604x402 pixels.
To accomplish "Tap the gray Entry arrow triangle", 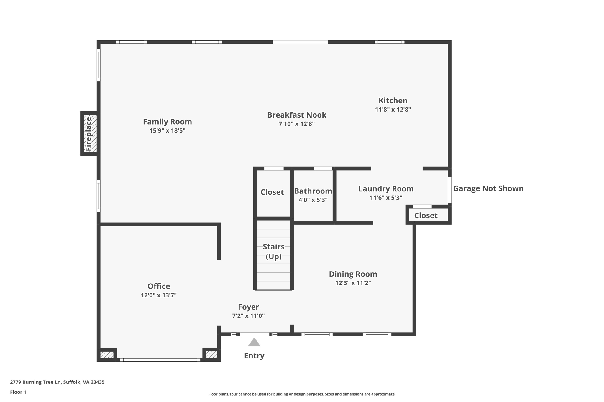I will pyautogui.click(x=254, y=343).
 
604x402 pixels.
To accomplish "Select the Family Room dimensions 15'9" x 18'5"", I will pyautogui.click(x=167, y=130).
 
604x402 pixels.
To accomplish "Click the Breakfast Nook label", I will pyautogui.click(x=296, y=115).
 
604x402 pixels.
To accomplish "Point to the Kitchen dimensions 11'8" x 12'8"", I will pyautogui.click(x=393, y=110).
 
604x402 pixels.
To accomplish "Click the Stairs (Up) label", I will pyautogui.click(x=273, y=251).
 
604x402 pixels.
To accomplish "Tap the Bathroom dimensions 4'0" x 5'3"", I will pyautogui.click(x=313, y=200).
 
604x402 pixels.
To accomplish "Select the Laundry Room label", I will pyautogui.click(x=386, y=189).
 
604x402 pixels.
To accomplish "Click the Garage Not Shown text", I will pyautogui.click(x=488, y=188).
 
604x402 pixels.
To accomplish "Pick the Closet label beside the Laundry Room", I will pyautogui.click(x=426, y=216).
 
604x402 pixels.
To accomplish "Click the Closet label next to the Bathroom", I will pyautogui.click(x=272, y=192).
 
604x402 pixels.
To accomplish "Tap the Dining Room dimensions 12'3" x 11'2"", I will pyautogui.click(x=353, y=283).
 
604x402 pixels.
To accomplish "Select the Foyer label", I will pyautogui.click(x=248, y=307).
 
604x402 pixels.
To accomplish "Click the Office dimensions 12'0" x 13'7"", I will pyautogui.click(x=159, y=295).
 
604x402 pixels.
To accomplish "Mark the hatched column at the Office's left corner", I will pyautogui.click(x=107, y=355).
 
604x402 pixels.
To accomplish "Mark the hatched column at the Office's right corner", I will pyautogui.click(x=211, y=355).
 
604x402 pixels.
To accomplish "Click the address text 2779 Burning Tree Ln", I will pyautogui.click(x=57, y=382).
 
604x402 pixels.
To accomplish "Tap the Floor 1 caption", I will pyautogui.click(x=18, y=392).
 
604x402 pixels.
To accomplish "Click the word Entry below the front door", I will pyautogui.click(x=254, y=356).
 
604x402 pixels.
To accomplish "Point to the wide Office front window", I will pyautogui.click(x=160, y=360).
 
